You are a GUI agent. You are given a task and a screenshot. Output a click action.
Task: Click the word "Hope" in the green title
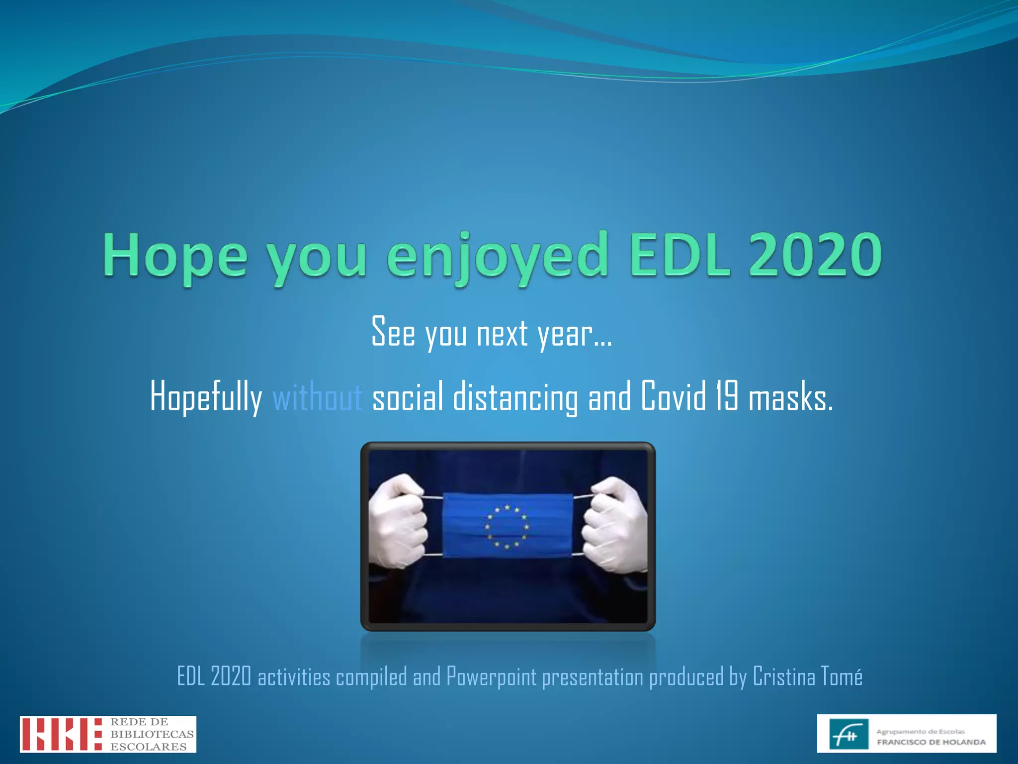point(175,256)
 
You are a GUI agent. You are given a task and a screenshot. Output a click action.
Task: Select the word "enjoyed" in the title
point(497,256)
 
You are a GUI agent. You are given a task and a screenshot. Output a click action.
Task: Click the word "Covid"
point(673,396)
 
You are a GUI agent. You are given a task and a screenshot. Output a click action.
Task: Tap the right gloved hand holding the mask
point(615,525)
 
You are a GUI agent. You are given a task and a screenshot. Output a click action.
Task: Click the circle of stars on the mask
point(507,527)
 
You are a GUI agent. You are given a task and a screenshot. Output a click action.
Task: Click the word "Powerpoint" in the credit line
point(491,676)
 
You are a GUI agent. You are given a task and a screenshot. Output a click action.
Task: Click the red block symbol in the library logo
point(61,734)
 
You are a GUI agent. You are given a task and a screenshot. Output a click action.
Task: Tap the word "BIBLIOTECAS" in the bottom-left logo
point(152,734)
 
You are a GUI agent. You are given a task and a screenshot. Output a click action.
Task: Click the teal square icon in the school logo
point(849,734)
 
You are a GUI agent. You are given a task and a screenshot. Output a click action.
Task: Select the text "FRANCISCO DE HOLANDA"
point(931,742)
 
